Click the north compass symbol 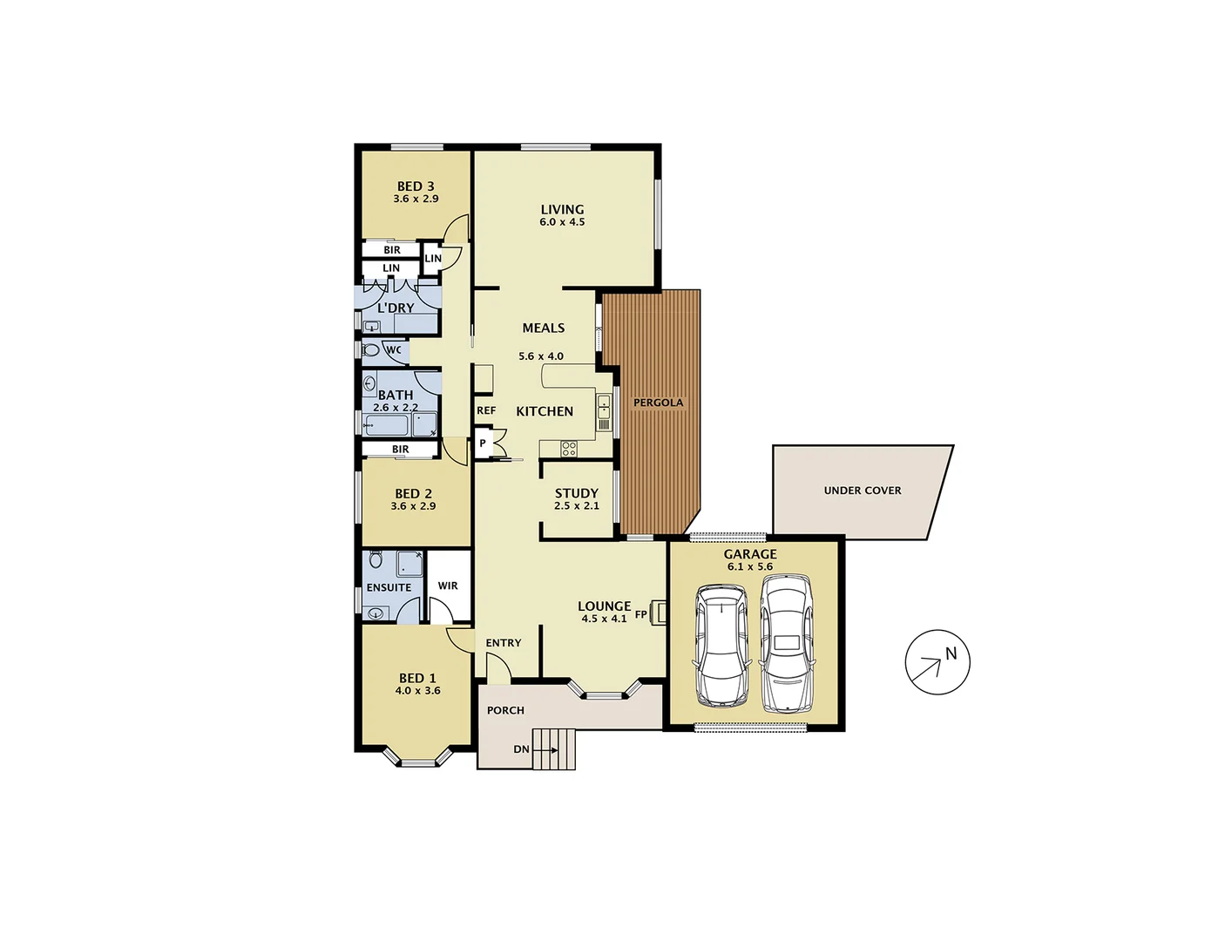tap(937, 662)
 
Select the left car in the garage tap(721, 646)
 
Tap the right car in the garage tap(787, 643)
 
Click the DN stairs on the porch tap(555, 749)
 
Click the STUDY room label tap(577, 493)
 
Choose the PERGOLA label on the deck tap(658, 403)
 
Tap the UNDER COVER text tap(863, 491)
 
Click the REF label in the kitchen tap(486, 410)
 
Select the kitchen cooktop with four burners tap(568, 450)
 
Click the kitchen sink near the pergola tap(604, 407)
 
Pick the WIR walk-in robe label tap(448, 586)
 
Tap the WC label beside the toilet tap(394, 350)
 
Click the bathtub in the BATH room tap(387, 426)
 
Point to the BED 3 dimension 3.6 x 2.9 tap(416, 199)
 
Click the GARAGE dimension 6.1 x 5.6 tap(750, 566)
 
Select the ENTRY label tap(504, 643)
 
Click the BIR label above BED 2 tap(400, 450)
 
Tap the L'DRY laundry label tap(396, 308)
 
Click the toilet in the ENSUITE tap(376, 559)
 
